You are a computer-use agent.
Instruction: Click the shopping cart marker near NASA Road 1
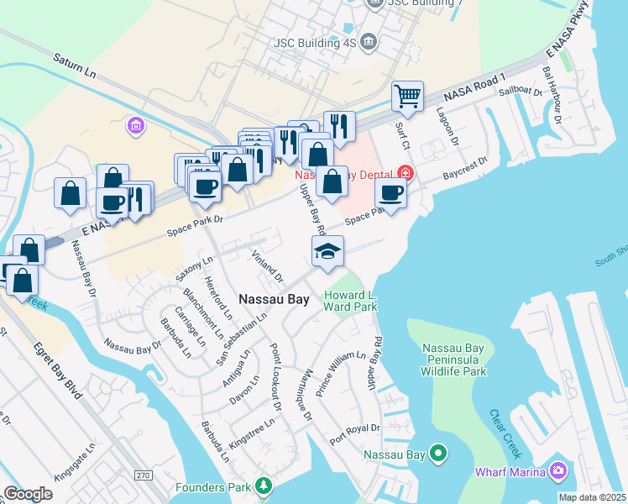pos(407,96)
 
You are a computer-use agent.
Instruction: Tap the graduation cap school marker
pos(327,251)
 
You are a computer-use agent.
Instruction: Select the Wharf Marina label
pos(510,472)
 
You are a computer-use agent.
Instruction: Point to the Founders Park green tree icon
pos(264,486)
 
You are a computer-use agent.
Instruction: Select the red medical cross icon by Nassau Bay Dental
pos(406,173)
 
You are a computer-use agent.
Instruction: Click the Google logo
pos(28,493)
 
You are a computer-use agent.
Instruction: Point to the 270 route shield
pos(143,475)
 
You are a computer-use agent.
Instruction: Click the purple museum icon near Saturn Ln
pos(134,127)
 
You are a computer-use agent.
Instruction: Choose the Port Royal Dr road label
pos(354,433)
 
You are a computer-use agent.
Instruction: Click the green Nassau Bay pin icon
pos(437,454)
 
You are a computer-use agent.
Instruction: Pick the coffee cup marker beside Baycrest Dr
pos(390,193)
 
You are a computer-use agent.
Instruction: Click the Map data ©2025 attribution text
pos(593,497)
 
